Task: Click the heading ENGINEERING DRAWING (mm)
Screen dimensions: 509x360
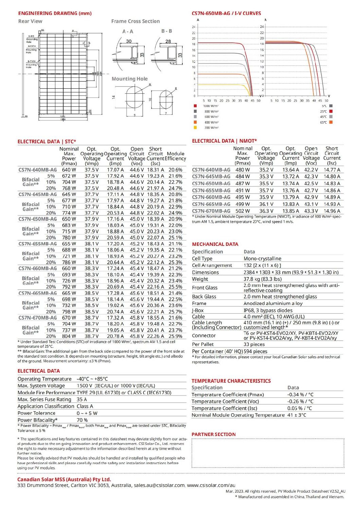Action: pyautogui.click(x=55, y=13)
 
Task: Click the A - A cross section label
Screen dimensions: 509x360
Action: pyautogui.click(x=128, y=31)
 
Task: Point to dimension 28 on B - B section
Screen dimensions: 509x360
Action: pyautogui.click(x=168, y=41)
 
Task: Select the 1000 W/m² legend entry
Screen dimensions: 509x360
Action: pyautogui.click(x=211, y=106)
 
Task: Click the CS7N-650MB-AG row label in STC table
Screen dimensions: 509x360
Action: pyautogui.click(x=37, y=219)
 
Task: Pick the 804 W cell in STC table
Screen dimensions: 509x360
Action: pyautogui.click(x=69, y=336)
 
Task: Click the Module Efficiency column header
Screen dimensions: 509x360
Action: pyautogui.click(x=176, y=156)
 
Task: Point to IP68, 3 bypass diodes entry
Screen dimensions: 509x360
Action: pyautogui.click(x=268, y=310)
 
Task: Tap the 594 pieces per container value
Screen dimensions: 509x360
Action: pyautogui.click(x=255, y=351)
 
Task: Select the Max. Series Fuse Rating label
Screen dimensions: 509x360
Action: pyautogui.click(x=44, y=399)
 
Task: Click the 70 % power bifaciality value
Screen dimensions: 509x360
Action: pyautogui.click(x=82, y=420)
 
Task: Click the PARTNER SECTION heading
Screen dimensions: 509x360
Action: pyautogui.click(x=213, y=434)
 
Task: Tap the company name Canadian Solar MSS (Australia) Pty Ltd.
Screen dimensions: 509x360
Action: pyautogui.click(x=64, y=479)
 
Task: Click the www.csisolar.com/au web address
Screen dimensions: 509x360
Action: pyautogui.click(x=211, y=485)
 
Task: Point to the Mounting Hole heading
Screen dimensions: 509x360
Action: pyautogui.click(x=130, y=79)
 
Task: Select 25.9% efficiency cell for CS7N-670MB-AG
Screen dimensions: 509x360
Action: pyautogui.click(x=175, y=336)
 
